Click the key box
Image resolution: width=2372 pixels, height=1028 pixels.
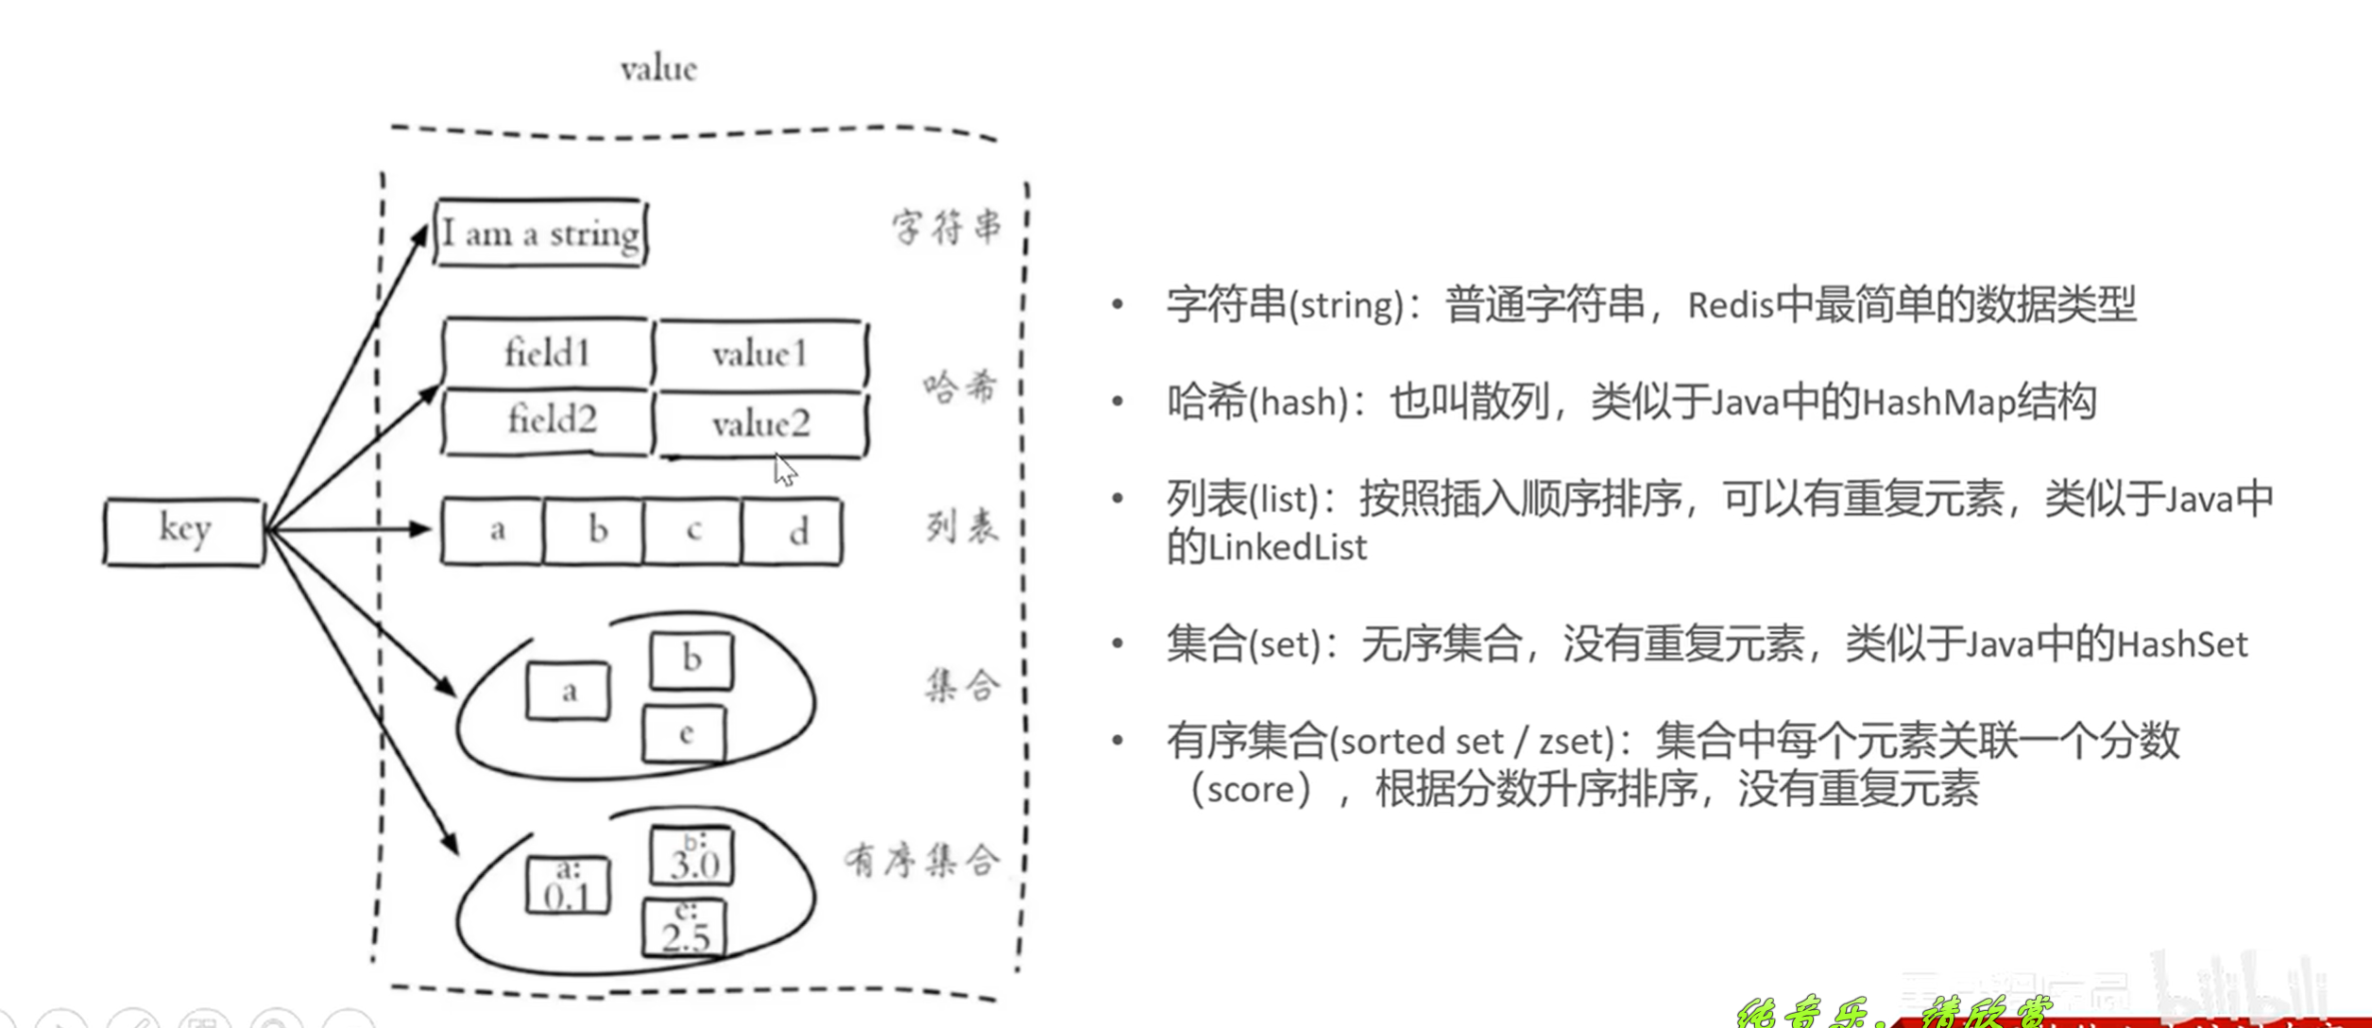point(184,532)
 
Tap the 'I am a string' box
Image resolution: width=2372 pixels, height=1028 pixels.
point(540,232)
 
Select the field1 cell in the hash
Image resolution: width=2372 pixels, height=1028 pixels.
point(547,353)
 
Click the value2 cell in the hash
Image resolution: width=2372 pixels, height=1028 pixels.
point(760,424)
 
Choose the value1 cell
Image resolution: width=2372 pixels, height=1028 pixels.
point(759,354)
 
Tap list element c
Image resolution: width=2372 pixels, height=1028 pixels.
point(693,531)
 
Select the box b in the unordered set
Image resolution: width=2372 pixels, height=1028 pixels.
point(691,660)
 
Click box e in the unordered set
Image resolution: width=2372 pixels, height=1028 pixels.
point(685,734)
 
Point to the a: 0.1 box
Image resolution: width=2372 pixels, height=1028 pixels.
point(568,885)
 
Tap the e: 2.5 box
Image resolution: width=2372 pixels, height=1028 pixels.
point(685,928)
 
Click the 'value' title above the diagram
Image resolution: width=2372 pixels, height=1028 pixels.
point(658,69)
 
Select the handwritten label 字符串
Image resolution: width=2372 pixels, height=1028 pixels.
point(946,227)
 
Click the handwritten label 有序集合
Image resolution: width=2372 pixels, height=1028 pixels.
point(921,860)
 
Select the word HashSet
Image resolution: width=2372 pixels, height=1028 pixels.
point(2182,645)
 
